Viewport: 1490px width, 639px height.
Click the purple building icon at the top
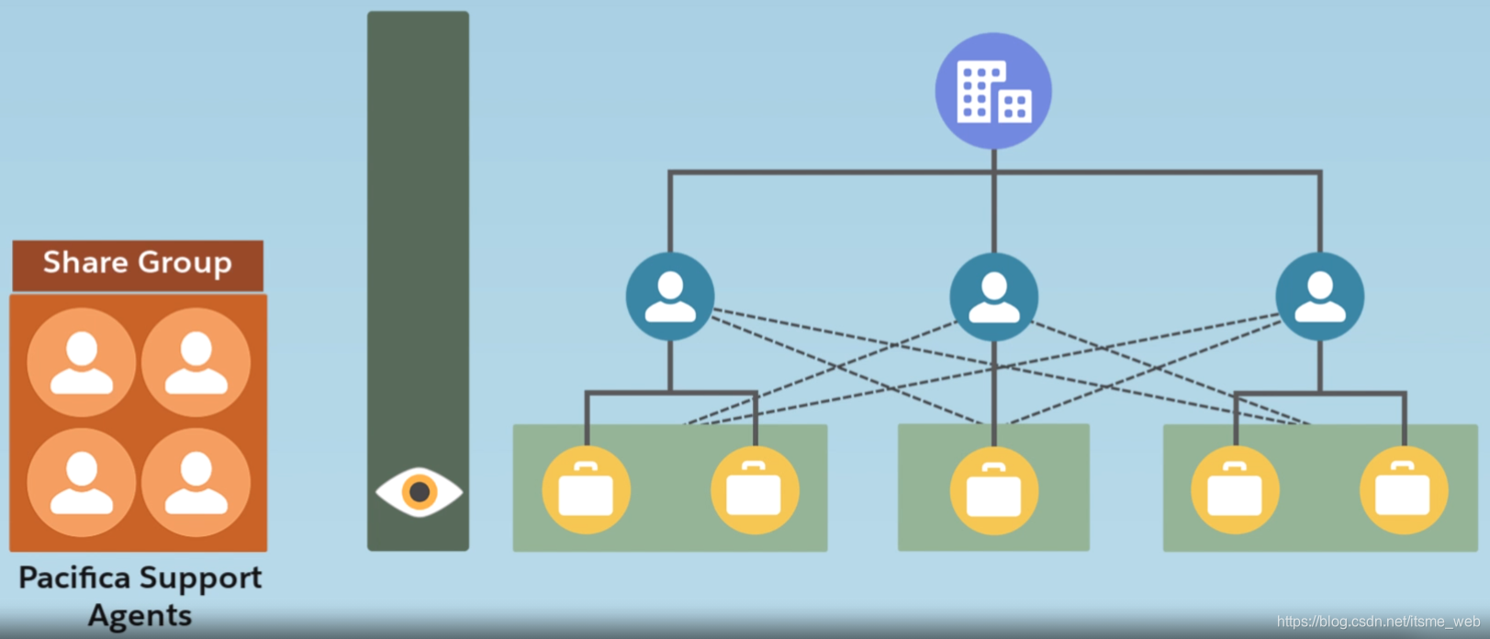click(993, 91)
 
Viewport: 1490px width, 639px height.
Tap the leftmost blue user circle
click(670, 297)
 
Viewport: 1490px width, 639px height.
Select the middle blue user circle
click(993, 297)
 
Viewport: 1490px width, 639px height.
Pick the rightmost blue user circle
click(1319, 297)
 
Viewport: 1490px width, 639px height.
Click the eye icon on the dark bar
click(419, 492)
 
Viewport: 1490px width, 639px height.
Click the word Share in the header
click(85, 263)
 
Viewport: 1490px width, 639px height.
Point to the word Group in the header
click(185, 263)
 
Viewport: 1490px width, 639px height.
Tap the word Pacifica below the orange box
click(74, 577)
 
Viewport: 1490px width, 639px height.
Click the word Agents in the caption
click(140, 615)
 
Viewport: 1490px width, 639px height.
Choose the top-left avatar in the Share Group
click(82, 362)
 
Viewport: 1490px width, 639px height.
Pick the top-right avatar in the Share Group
click(196, 362)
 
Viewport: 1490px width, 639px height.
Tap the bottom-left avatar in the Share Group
click(82, 482)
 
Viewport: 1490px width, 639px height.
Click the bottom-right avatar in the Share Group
click(196, 482)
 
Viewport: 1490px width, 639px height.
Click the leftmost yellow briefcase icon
click(586, 490)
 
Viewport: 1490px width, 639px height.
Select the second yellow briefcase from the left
click(755, 490)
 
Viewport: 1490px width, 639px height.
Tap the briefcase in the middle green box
click(993, 490)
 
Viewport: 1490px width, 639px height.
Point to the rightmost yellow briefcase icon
click(1403, 490)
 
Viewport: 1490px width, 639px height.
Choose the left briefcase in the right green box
click(1235, 490)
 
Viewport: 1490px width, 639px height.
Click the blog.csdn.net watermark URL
click(1377, 622)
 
